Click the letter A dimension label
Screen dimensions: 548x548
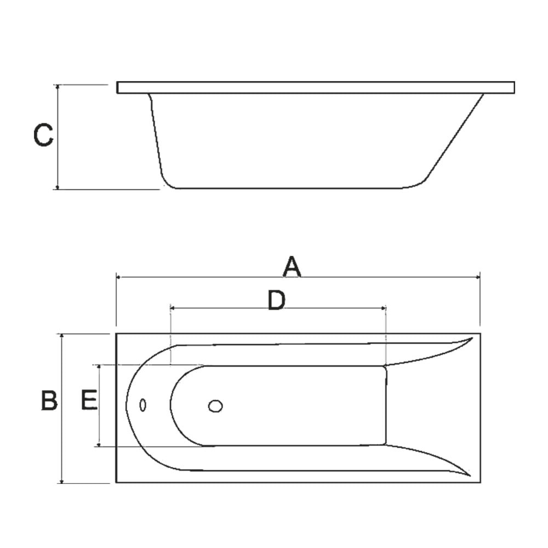pos(292,266)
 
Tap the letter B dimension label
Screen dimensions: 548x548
pos(49,400)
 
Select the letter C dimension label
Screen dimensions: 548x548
pos(43,135)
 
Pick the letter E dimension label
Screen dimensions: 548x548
pos(89,400)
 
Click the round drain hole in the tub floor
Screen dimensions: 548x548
pos(215,406)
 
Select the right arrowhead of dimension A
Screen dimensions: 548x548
pos(477,277)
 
